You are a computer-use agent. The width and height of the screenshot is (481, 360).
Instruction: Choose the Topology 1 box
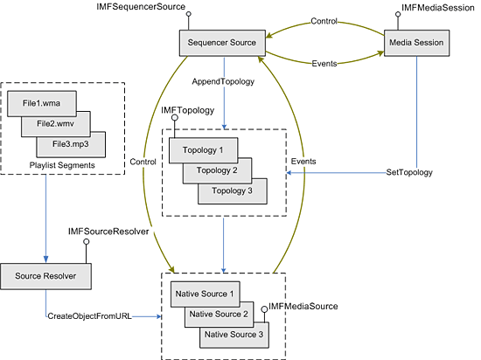point(202,151)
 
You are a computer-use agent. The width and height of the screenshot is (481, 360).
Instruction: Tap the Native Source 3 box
point(234,333)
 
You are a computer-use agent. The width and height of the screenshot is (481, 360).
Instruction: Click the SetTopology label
point(409,173)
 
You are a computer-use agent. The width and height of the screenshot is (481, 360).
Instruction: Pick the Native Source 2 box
point(219,314)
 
